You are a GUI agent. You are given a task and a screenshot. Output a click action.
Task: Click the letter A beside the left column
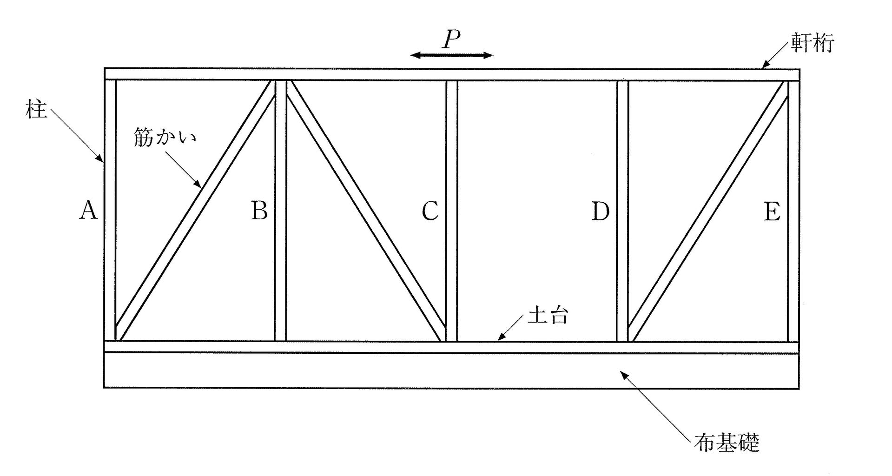point(88,211)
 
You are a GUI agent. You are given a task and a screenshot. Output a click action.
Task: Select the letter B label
point(259,211)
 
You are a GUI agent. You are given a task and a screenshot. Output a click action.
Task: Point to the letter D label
point(600,212)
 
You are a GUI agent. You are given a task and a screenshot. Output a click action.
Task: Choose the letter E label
point(772,212)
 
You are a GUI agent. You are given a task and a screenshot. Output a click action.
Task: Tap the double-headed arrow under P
point(451,56)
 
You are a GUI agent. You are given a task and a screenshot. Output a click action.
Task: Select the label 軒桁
point(812,43)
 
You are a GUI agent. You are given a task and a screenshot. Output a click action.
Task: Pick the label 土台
point(548,317)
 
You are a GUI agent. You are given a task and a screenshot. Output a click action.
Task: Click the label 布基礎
point(727,442)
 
